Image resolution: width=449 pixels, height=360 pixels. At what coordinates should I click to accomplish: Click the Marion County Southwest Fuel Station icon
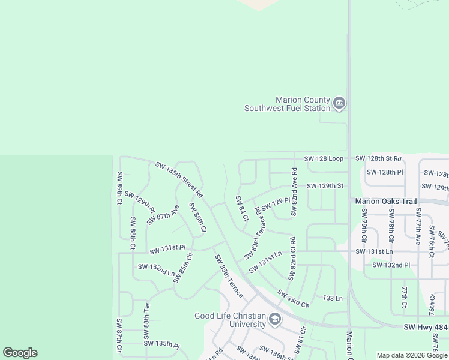(339, 104)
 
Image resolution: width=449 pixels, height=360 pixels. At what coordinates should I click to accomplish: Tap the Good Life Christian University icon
(275, 319)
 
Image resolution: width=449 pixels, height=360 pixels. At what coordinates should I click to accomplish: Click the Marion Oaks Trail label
(385, 202)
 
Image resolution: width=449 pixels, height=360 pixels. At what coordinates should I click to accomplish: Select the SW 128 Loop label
(324, 158)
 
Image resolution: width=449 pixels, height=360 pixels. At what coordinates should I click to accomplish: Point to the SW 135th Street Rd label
(179, 179)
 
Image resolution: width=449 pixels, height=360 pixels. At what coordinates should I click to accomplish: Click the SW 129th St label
(325, 186)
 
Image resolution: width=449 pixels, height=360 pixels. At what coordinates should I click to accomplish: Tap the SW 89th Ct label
(119, 189)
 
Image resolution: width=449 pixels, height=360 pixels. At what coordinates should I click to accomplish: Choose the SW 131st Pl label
(167, 248)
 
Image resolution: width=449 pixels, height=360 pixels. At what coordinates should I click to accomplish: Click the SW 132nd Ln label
(156, 268)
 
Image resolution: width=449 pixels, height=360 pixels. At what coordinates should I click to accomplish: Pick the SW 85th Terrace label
(229, 276)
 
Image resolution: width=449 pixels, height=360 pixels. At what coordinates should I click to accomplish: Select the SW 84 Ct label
(242, 209)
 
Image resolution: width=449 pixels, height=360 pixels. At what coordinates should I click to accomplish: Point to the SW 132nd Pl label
(391, 265)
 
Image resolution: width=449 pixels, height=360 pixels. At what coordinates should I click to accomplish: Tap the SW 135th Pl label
(161, 344)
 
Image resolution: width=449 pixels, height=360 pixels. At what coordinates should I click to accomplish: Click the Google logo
(20, 353)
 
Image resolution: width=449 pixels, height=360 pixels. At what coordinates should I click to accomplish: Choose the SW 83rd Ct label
(293, 298)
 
